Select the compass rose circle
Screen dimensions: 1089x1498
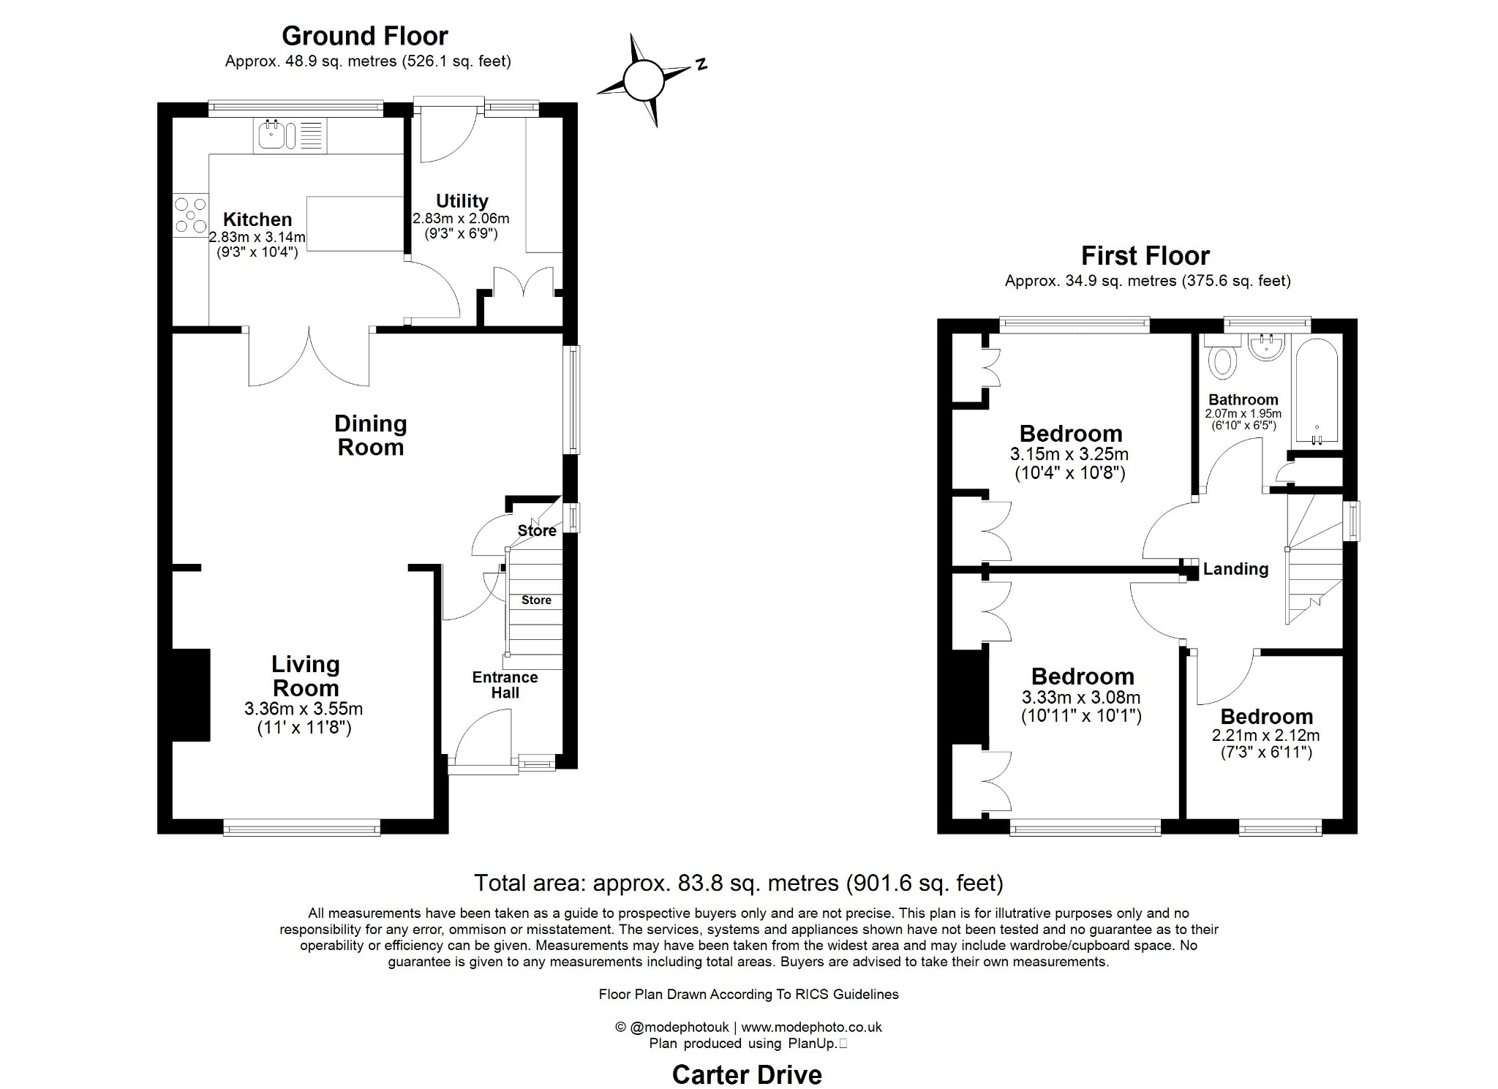coord(644,80)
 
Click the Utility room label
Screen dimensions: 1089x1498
coord(462,200)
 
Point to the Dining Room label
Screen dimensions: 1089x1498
coord(371,435)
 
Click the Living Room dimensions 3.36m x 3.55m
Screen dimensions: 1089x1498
coord(304,709)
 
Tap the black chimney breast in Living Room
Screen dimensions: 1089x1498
coord(191,695)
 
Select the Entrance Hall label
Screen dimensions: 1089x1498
coord(505,685)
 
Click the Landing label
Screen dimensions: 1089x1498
coord(1235,569)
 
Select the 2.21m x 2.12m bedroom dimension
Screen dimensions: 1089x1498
coord(1265,736)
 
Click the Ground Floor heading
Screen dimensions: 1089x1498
coord(364,36)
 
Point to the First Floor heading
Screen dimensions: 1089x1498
coord(1145,256)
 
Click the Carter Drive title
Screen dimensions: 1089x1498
coord(747,1074)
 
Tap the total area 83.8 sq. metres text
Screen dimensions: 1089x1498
coord(738,883)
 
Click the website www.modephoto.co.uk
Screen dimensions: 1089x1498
coord(811,1027)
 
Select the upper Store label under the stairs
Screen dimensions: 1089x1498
coord(537,531)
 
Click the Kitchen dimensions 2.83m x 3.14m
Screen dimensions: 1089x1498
coord(257,237)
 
